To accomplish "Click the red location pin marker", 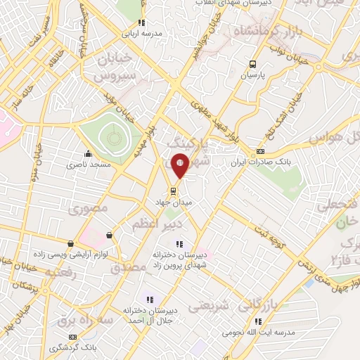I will tap(180, 165).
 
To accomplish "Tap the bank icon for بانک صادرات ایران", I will tap(260, 151).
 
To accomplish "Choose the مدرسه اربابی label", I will tap(141, 33).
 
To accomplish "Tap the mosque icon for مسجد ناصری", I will tap(87, 153).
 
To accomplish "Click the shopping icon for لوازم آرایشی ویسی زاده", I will tap(108, 235).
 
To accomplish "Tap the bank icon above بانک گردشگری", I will tap(74, 337).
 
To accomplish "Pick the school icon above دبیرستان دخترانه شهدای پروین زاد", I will tap(179, 244).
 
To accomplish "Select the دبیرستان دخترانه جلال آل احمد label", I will tap(149, 314).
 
